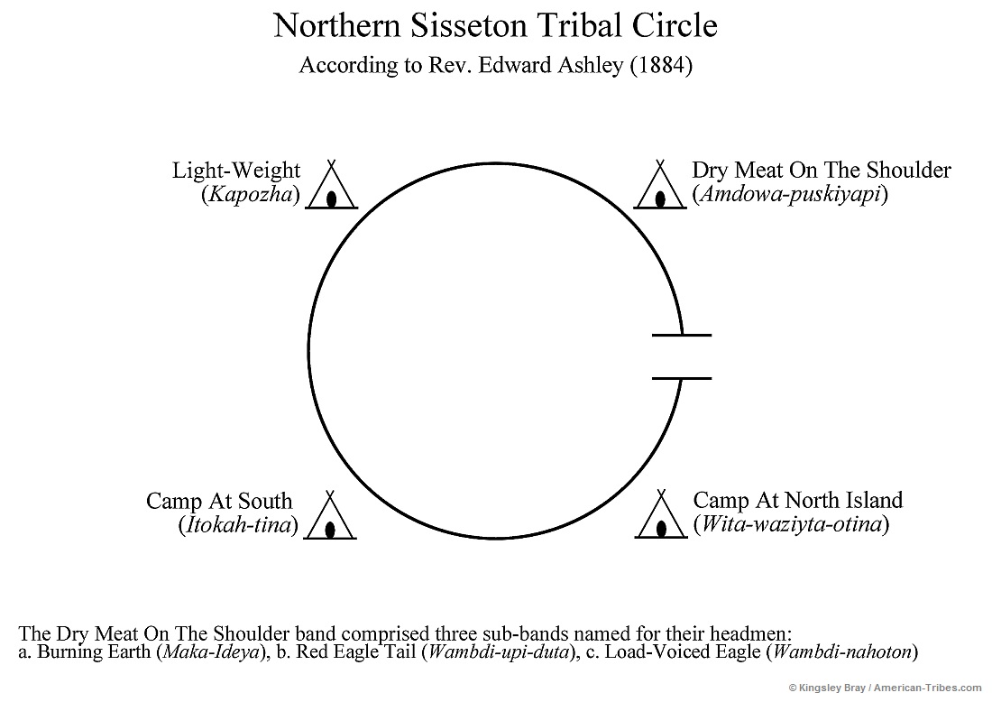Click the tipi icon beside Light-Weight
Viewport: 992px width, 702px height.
(332, 188)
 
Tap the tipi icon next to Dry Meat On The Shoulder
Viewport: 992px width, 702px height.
(660, 188)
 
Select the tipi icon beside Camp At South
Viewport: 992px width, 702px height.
(330, 518)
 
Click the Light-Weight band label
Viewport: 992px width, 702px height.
(236, 171)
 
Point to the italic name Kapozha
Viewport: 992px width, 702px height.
(250, 194)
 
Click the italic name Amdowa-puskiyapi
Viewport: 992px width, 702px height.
(789, 194)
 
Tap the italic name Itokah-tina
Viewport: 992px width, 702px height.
(238, 525)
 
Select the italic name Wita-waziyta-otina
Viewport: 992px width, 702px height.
(790, 524)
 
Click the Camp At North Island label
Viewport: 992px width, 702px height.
(797, 501)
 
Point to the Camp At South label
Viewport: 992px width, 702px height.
(219, 502)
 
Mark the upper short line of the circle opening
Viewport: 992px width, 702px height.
(681, 335)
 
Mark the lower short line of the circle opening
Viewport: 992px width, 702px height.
(681, 378)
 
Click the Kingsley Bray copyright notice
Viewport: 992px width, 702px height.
(887, 688)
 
